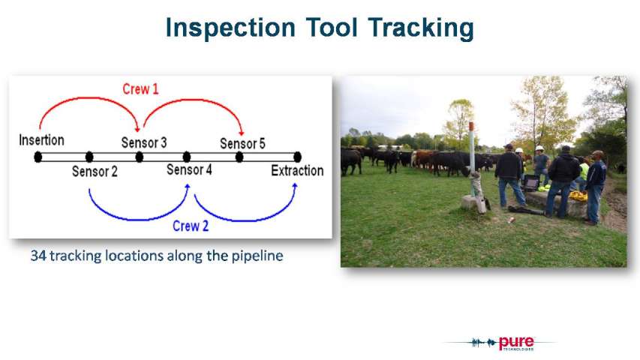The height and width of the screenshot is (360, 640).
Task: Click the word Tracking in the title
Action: pos(421,28)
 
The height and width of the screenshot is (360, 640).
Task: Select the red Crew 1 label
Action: pos(140,89)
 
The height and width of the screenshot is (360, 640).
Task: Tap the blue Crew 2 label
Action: pos(191,226)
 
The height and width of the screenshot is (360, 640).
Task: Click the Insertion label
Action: pos(41,140)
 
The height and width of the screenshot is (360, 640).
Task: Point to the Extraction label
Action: pos(297,170)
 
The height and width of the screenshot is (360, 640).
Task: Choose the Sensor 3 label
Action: pos(144,142)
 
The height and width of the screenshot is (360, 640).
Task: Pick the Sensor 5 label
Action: pos(242,143)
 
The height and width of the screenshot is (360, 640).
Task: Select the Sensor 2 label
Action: pos(95,171)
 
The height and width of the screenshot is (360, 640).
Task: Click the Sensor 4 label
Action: pos(189,169)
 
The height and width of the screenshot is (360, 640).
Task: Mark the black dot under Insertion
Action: pos(38,157)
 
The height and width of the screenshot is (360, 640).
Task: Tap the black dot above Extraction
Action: pos(298,157)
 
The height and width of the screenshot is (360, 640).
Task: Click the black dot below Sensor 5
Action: pos(239,157)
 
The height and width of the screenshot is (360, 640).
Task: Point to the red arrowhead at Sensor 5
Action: pos(242,132)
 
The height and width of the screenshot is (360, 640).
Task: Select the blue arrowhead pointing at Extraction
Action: pos(295,186)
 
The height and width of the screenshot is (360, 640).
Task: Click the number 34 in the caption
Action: pos(38,256)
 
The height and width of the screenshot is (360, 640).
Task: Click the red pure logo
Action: pos(516,343)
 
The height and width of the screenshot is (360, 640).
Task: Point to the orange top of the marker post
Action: pos(471,126)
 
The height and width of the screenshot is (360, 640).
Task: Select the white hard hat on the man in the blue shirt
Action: pos(539,148)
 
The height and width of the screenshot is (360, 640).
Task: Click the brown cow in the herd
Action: pos(423,158)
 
